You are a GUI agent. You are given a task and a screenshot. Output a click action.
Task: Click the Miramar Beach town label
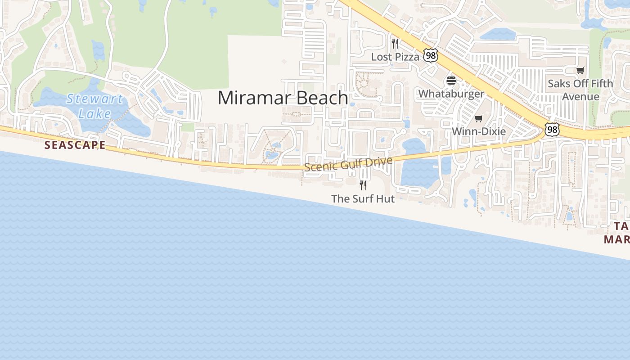[283, 98]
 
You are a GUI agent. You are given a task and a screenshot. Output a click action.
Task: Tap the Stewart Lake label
[94, 106]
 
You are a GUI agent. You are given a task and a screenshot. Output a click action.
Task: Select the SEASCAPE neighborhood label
[75, 145]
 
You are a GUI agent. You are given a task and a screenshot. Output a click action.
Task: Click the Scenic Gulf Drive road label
[348, 164]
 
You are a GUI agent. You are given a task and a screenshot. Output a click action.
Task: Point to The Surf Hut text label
[363, 198]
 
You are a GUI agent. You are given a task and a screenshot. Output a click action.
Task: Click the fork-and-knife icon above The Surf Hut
[363, 185]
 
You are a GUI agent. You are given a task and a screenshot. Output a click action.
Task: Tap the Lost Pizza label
[395, 57]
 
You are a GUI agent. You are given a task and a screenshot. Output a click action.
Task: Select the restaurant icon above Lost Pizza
[395, 44]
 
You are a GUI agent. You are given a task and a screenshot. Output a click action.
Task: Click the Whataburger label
[451, 94]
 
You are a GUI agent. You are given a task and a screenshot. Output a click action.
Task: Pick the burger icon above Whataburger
[451, 81]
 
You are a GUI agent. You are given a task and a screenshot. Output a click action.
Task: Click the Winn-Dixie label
[479, 131]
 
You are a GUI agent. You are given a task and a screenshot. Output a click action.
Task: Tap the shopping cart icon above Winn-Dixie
[479, 119]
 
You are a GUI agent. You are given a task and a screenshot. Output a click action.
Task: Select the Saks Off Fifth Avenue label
[580, 90]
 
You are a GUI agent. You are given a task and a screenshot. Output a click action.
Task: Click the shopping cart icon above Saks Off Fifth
[580, 70]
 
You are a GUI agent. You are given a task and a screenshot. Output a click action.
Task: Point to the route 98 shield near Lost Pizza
[431, 55]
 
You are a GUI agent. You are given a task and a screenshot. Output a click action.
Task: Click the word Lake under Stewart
[94, 113]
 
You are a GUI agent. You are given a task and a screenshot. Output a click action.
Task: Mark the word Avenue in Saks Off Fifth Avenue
[580, 97]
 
